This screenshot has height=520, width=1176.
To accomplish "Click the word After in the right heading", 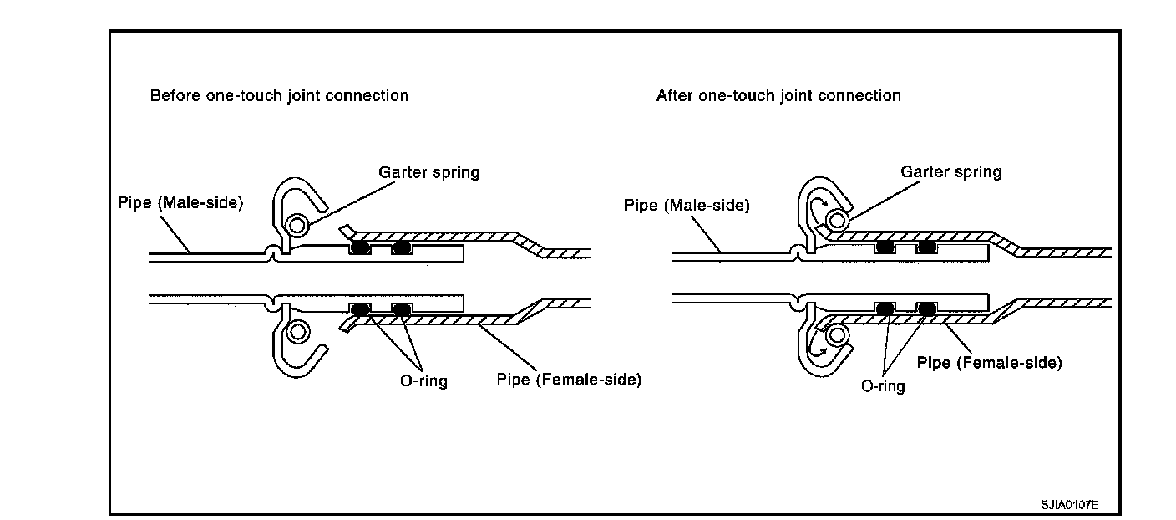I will [673, 95].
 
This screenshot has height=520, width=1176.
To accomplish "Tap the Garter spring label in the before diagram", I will [429, 172].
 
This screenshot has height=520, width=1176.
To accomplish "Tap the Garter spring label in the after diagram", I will [950, 172].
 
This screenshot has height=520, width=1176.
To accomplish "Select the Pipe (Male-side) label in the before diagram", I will [180, 203].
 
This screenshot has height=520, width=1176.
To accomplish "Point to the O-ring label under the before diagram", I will [423, 381].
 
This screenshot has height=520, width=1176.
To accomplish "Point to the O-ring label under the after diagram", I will [883, 387].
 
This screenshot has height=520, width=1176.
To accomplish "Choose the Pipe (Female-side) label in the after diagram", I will [989, 363].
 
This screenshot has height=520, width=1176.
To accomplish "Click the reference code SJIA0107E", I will [1069, 506].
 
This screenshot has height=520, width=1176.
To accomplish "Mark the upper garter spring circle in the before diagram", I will [294, 224].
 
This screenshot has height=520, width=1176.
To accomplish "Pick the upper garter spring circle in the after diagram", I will [836, 221].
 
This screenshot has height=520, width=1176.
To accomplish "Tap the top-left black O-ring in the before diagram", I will [359, 247].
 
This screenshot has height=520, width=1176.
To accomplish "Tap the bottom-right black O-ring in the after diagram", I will [925, 308].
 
